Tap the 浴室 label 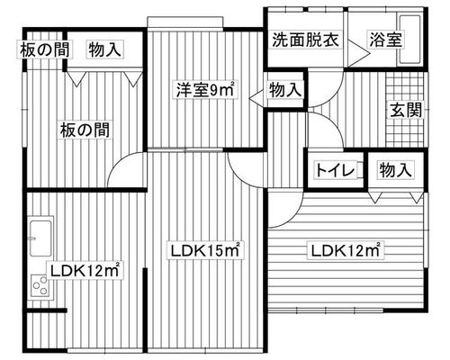[385, 40]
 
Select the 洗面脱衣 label [306, 40]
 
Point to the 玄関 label [406, 110]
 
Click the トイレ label [335, 170]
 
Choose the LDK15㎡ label [205, 250]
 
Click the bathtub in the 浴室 [409, 39]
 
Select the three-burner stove [40, 286]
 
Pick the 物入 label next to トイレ [395, 170]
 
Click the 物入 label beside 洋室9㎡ [284, 90]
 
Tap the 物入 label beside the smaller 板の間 [104, 49]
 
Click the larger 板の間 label [85, 130]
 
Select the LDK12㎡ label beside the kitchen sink [85, 271]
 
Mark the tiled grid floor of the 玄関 [405, 110]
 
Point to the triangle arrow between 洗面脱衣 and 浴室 [358, 54]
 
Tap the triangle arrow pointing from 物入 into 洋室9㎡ [257, 97]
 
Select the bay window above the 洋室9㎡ [185, 22]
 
